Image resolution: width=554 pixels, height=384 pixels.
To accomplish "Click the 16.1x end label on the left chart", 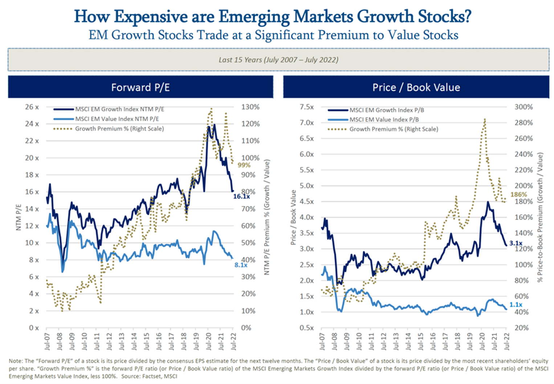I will tap(241, 197).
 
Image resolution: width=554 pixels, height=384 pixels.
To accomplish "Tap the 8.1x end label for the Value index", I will tap(241, 265).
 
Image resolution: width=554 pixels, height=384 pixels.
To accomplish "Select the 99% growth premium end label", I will tap(244, 165).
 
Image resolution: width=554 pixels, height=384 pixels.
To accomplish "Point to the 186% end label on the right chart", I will tap(518, 195).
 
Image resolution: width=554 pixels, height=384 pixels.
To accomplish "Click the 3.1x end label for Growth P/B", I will tap(516, 243).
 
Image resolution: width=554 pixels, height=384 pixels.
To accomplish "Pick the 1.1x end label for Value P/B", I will tap(516, 305).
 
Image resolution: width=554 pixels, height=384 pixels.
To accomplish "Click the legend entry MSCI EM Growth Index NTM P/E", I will tap(120, 109).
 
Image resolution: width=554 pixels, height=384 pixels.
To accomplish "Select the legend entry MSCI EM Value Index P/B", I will tap(384, 120).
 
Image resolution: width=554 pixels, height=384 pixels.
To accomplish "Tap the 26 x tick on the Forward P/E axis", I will tap(32, 107).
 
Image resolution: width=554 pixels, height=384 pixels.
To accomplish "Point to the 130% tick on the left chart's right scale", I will tap(250, 107).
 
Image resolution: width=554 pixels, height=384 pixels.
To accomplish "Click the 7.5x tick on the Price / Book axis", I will tap(307, 107).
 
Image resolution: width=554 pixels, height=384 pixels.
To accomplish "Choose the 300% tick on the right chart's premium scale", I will tap(524, 107).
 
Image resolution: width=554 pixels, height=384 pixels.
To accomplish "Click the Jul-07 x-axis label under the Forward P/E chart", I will tap(48, 341).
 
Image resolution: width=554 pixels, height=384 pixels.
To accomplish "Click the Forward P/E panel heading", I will tap(140, 87).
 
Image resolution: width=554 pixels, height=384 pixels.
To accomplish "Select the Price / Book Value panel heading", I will tap(416, 87).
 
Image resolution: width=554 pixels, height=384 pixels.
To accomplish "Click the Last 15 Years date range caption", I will tap(278, 60).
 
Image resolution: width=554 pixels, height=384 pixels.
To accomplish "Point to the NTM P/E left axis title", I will tap(19, 218).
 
